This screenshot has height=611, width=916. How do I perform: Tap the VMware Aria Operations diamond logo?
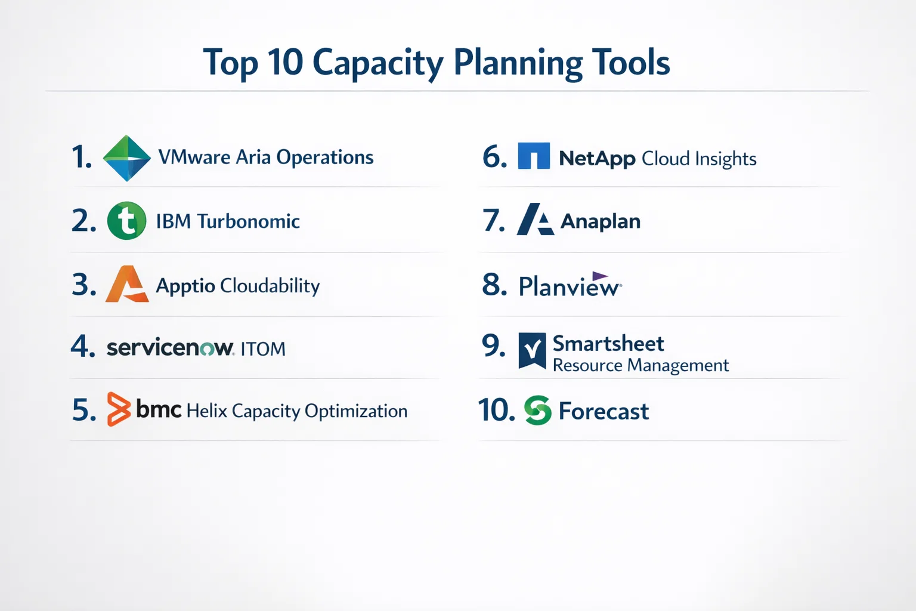point(127,158)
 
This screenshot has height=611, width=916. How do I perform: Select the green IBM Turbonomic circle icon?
point(127,221)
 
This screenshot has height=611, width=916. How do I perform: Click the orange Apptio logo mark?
point(127,284)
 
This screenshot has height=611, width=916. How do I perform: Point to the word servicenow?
point(170,347)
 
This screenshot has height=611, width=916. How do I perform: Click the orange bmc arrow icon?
point(119,409)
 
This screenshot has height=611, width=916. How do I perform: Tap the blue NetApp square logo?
point(534,156)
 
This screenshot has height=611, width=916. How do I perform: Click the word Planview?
point(570,285)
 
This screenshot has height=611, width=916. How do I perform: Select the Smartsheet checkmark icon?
point(532,351)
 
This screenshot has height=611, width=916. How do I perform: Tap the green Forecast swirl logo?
point(538,410)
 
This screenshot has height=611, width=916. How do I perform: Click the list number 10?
point(496,409)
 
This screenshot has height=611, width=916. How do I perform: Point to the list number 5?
point(84,410)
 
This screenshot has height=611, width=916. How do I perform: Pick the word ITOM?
point(263,349)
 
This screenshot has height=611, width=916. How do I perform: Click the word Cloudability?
point(270,285)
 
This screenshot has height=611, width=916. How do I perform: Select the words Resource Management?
point(641,365)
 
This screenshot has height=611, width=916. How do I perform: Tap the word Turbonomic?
point(248,221)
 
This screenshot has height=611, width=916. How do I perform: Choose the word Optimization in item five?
point(356,411)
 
